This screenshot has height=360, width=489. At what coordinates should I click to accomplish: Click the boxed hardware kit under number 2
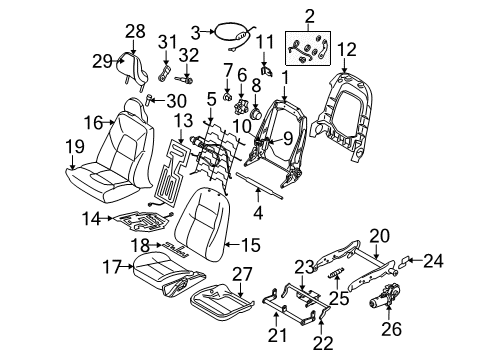pos(312,45)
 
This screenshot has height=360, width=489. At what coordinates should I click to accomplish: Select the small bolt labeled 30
pos(152,100)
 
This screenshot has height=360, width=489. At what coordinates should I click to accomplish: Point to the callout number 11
pos(265,40)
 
